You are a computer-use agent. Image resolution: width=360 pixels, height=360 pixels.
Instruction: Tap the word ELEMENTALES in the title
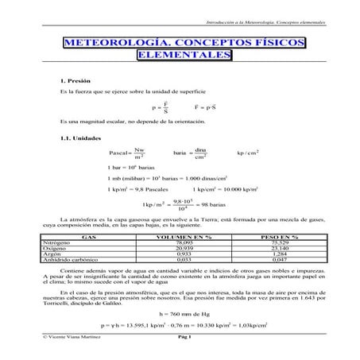pos(182,56)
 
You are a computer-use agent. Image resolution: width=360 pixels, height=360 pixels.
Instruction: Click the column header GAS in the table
pos(89,236)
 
